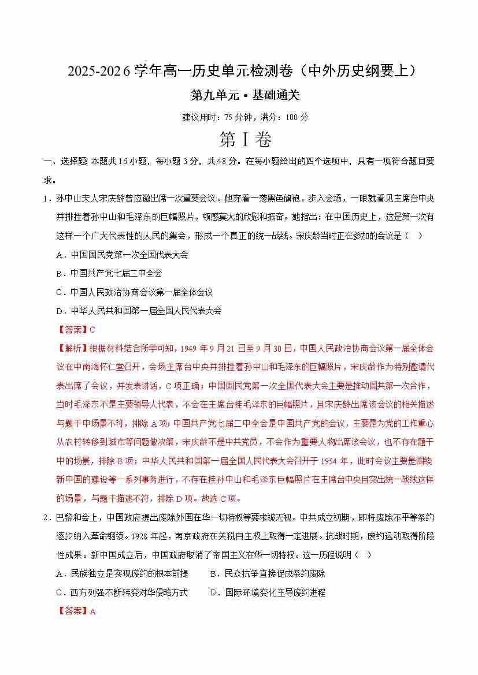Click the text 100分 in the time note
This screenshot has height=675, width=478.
[297, 117]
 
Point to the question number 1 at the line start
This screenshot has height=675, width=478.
[44, 199]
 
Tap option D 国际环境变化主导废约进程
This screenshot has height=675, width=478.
[268, 592]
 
